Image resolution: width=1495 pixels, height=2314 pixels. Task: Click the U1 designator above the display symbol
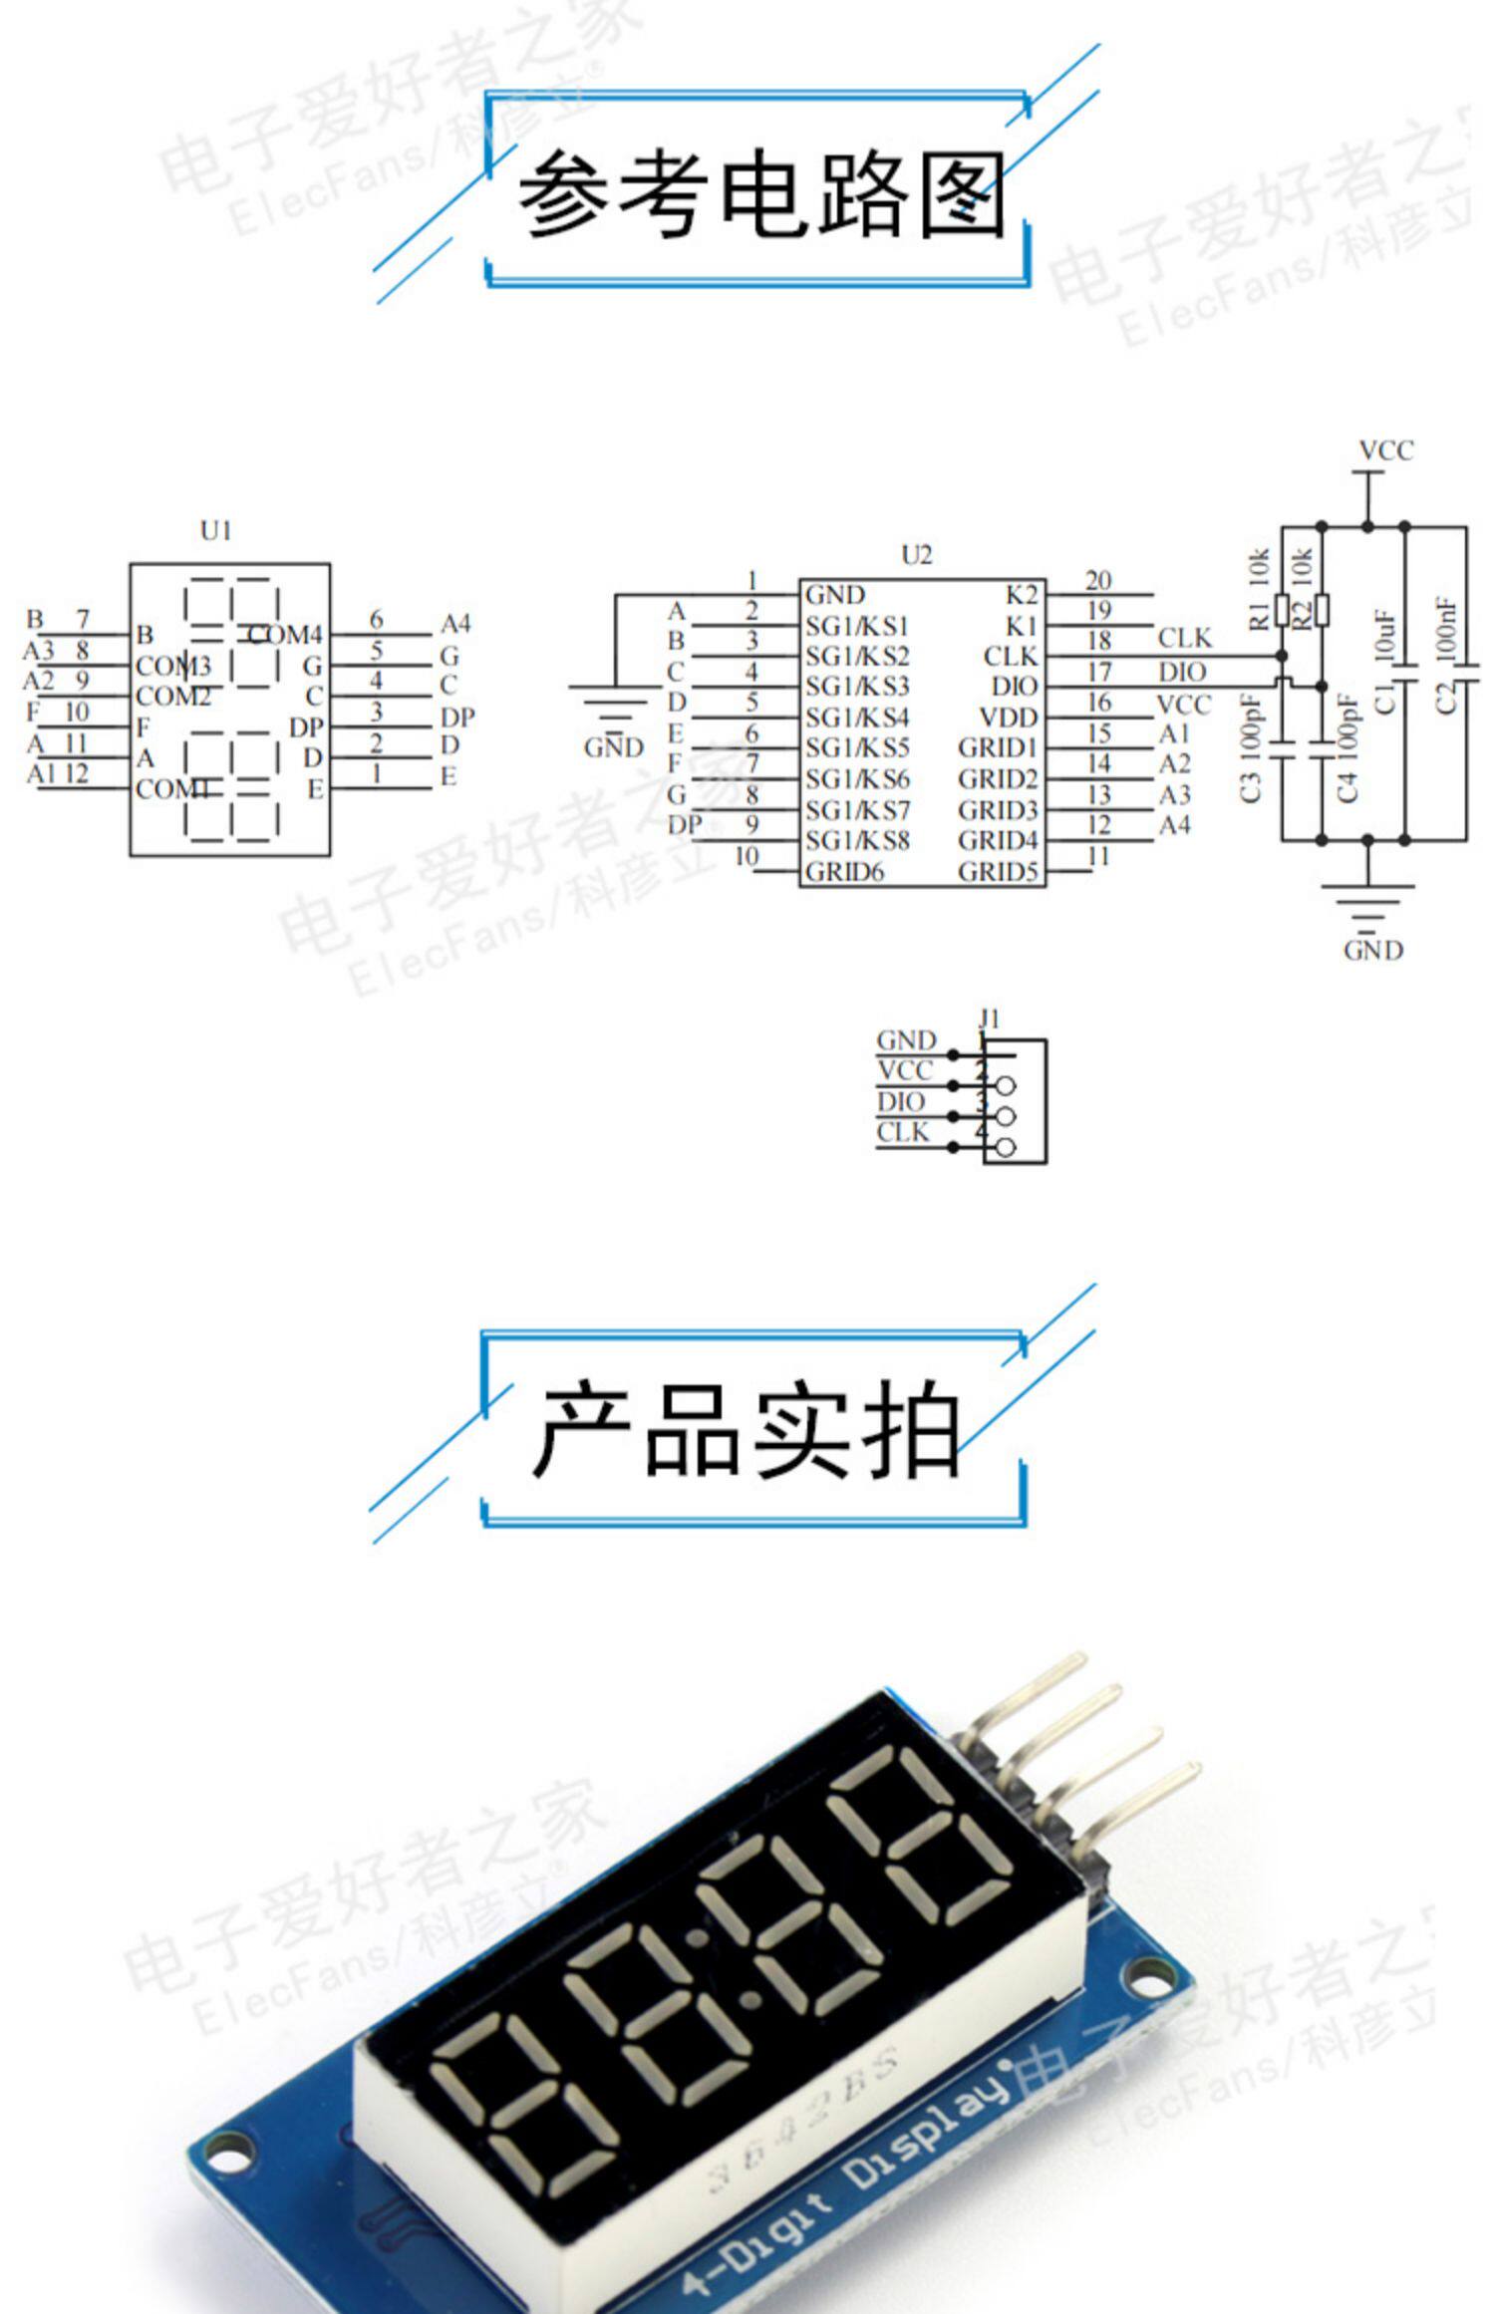[216, 531]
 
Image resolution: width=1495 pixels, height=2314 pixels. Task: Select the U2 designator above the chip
[916, 555]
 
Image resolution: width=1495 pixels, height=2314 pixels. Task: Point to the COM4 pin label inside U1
[286, 635]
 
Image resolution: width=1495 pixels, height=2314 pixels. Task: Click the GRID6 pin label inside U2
[844, 872]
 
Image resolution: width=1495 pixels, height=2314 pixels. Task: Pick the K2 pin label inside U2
[1022, 595]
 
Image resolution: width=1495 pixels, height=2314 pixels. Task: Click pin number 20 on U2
[1098, 580]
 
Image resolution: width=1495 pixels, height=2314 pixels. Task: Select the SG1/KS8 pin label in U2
[857, 841]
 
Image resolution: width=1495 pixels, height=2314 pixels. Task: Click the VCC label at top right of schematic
[1386, 451]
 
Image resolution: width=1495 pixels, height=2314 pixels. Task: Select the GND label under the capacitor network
[1373, 951]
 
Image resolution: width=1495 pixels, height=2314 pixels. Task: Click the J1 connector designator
[989, 1018]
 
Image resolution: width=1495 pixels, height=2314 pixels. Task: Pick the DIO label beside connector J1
[901, 1102]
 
